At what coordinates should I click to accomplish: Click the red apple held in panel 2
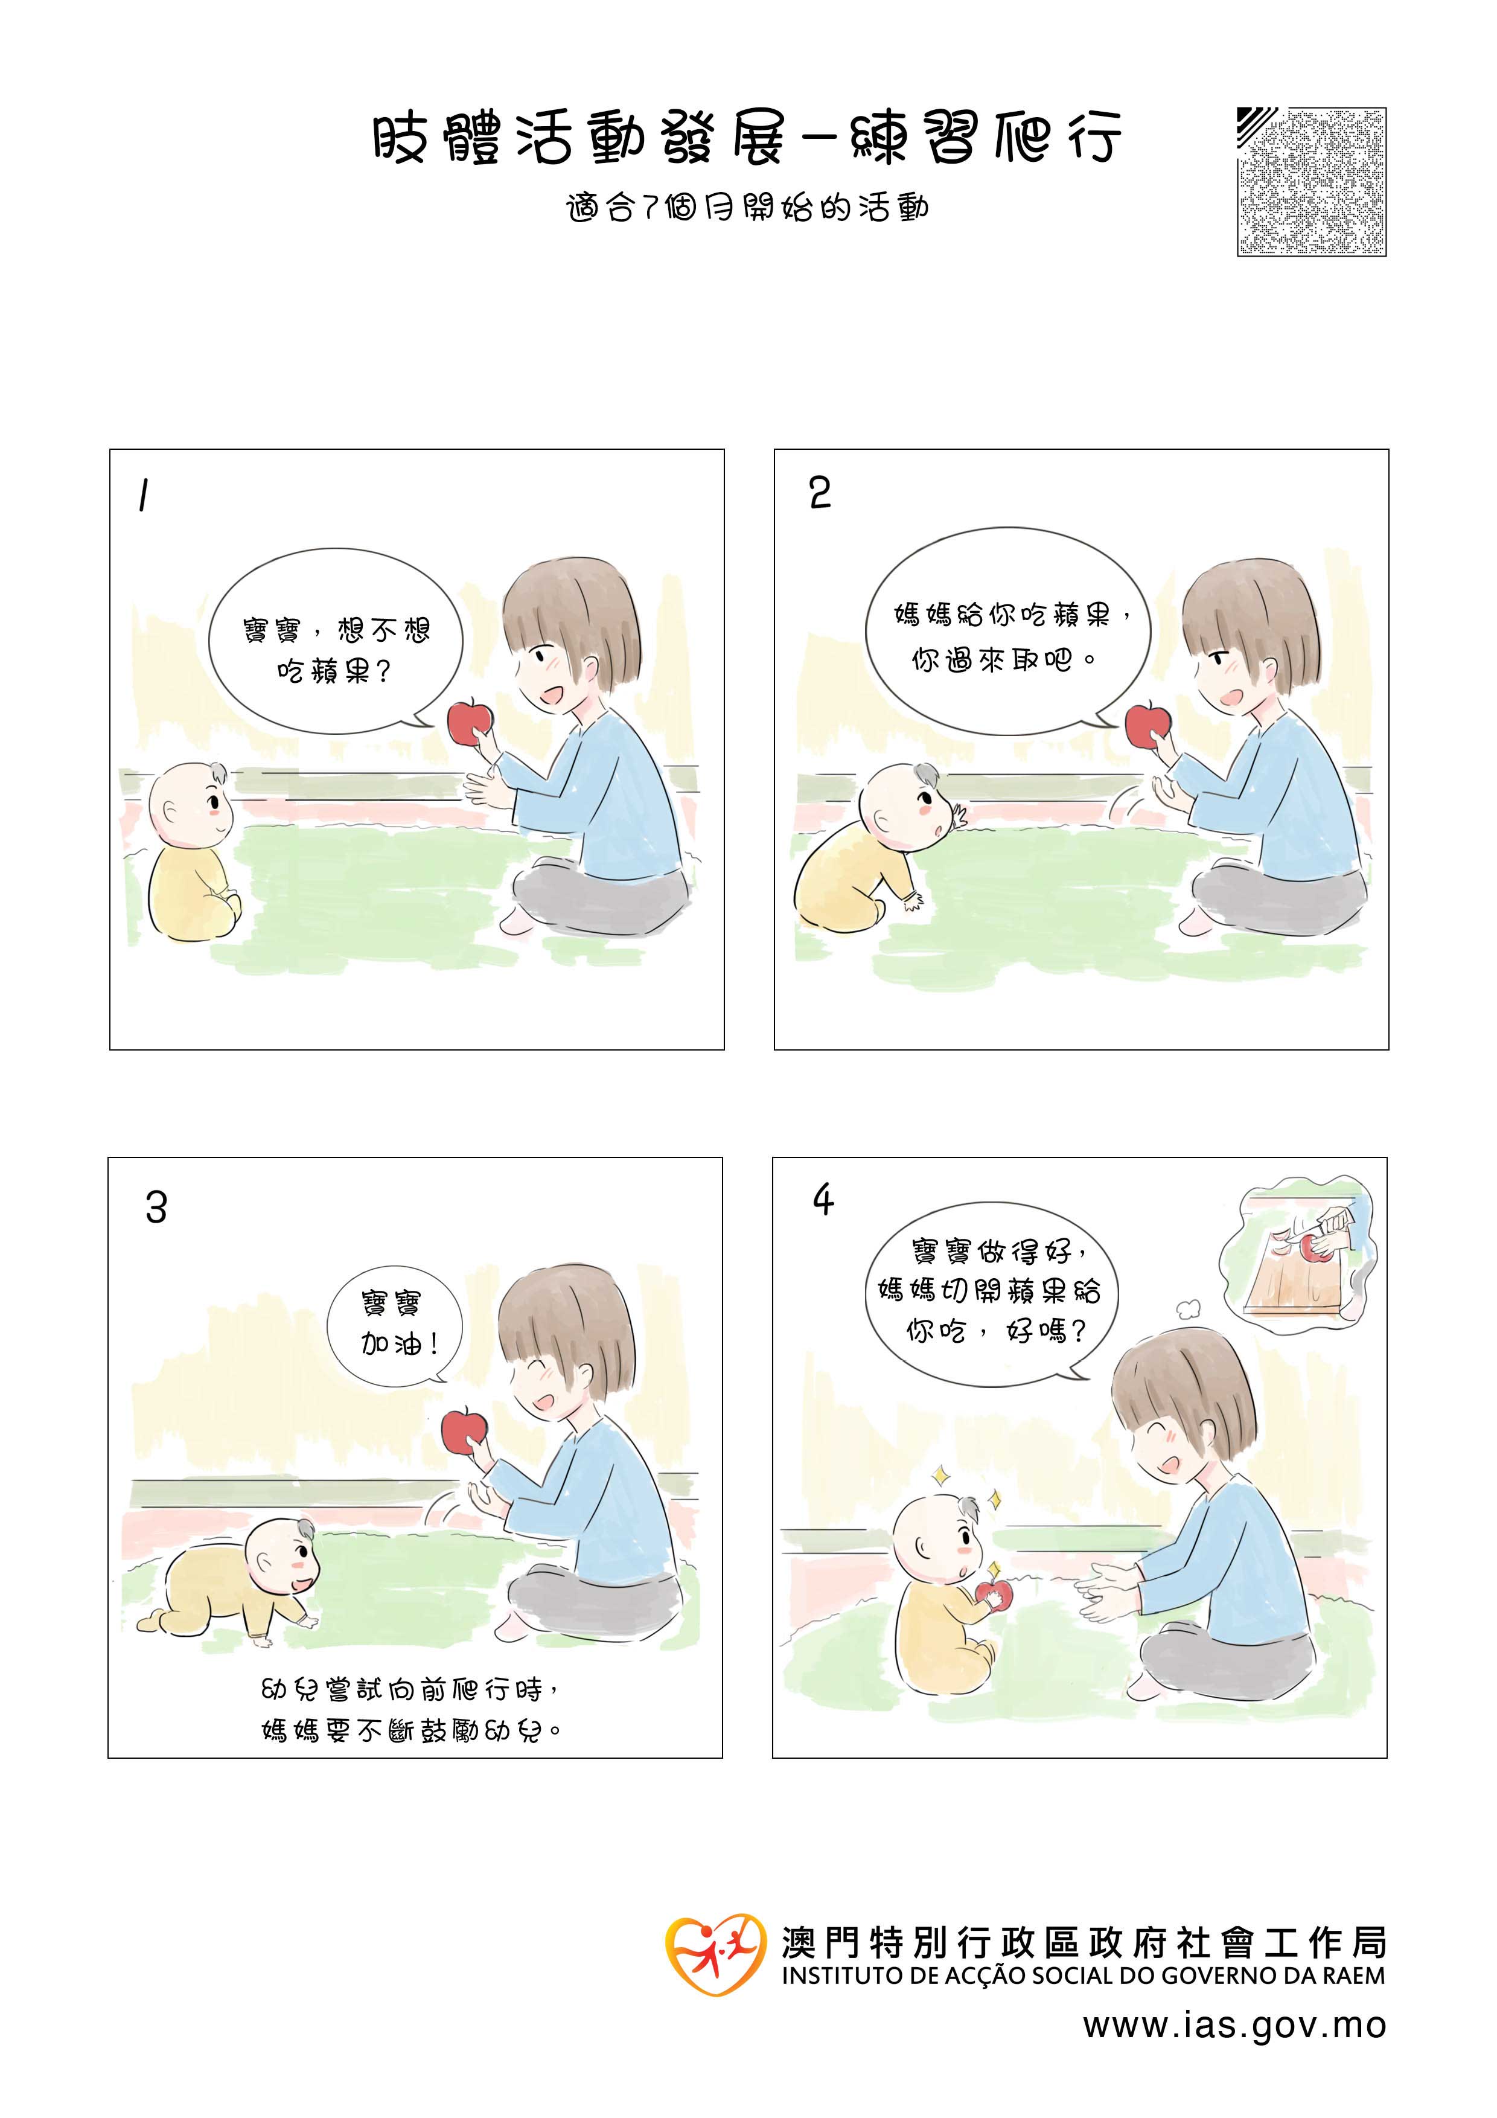pyautogui.click(x=1147, y=724)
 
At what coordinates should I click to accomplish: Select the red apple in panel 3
pyautogui.click(x=464, y=1431)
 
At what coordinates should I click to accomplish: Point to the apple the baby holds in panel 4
pyautogui.click(x=994, y=1593)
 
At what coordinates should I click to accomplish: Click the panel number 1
pyautogui.click(x=143, y=496)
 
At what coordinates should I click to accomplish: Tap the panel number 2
pyautogui.click(x=820, y=493)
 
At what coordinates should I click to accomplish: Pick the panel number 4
pyautogui.click(x=823, y=1199)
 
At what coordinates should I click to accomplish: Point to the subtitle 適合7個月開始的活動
pyautogui.click(x=748, y=208)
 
